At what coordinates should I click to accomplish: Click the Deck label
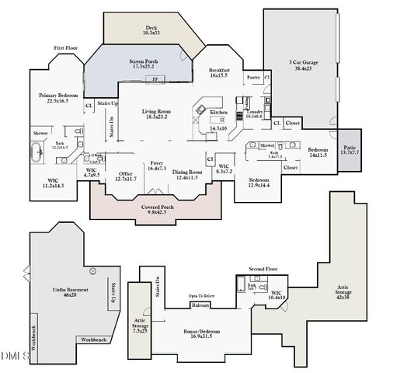point(151,30)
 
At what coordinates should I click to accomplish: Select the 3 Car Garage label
point(300,64)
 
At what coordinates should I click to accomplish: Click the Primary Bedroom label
point(58,97)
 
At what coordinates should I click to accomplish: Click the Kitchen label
point(219,113)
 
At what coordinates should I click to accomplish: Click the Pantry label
point(252,78)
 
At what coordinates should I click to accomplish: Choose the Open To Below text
point(201,296)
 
